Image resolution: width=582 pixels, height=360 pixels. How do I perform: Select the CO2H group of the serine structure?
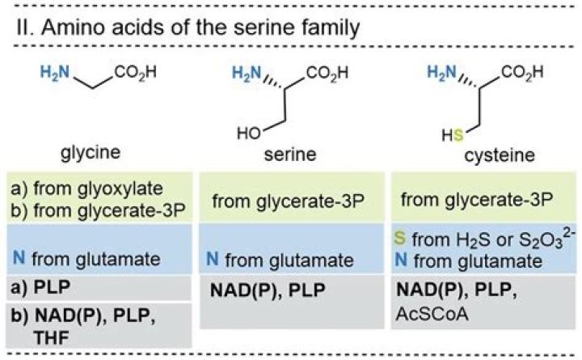[x=331, y=74]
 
